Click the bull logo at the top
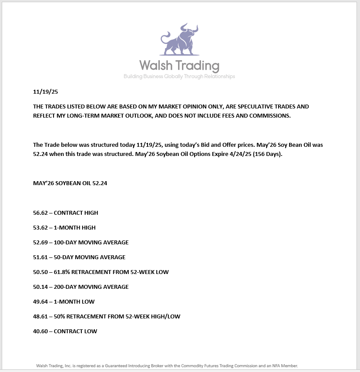179,41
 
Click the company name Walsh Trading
179,66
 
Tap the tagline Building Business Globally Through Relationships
179,77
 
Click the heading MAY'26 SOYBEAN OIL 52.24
70,183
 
